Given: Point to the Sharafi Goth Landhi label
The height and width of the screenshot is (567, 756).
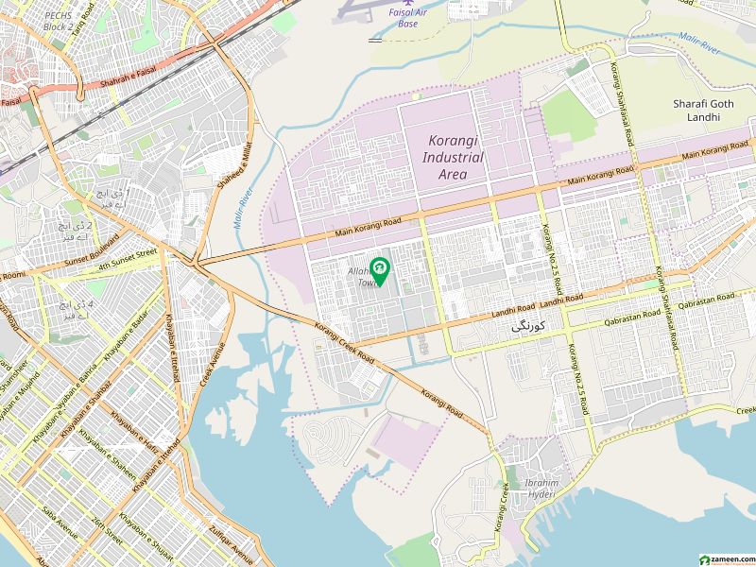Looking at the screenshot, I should point(696,110).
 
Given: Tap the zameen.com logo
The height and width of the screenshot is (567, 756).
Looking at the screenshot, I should point(726,559).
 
